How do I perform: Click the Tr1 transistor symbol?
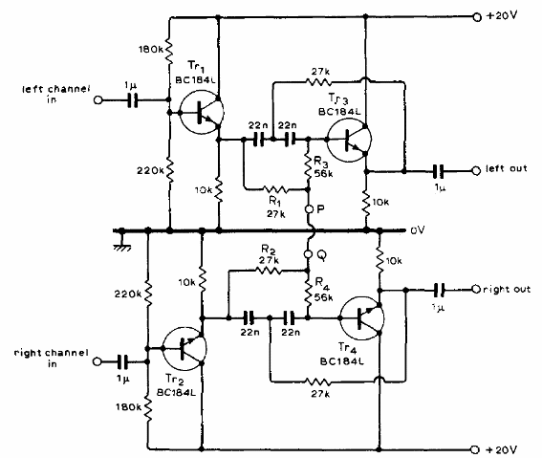coord(201,112)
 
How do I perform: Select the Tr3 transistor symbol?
coord(349,140)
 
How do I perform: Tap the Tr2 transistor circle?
coord(184,349)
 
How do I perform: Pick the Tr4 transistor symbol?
coord(361,318)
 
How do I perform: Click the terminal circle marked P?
coord(310,209)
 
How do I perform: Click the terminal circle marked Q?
coord(309,254)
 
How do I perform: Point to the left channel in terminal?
coord(98,100)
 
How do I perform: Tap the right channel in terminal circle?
coord(98,362)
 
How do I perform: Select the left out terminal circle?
coord(476,171)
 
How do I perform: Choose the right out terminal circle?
coord(476,289)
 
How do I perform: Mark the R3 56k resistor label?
coord(323,167)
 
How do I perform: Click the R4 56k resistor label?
coord(324,289)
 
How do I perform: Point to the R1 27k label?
coord(276,207)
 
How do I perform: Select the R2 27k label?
coord(269,254)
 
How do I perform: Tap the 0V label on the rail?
coord(418,230)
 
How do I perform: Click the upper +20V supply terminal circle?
coord(477,17)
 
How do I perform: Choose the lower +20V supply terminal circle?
coord(476,449)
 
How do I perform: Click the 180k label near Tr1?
coord(151,50)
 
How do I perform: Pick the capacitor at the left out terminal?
coord(439,171)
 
